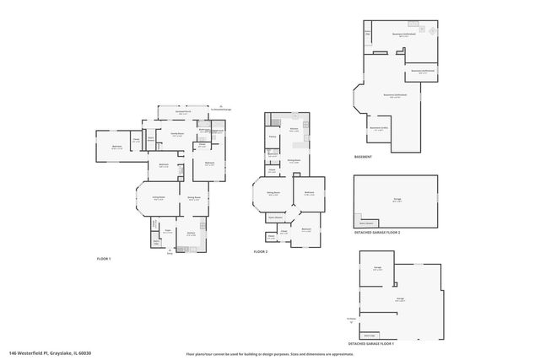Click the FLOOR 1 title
tap(104, 259)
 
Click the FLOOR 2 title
tap(262, 252)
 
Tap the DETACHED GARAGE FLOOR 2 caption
tap(376, 232)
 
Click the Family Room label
tap(177, 134)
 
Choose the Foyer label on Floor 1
tap(168, 229)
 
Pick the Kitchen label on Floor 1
tap(192, 233)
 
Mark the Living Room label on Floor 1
tap(158, 197)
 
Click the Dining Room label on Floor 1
tap(193, 198)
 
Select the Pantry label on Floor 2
tap(273, 137)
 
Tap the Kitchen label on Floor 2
tap(294, 130)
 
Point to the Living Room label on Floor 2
tap(273, 193)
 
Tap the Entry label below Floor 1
tap(169, 252)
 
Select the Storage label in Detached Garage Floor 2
tap(397, 200)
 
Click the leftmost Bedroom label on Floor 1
tap(116, 146)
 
